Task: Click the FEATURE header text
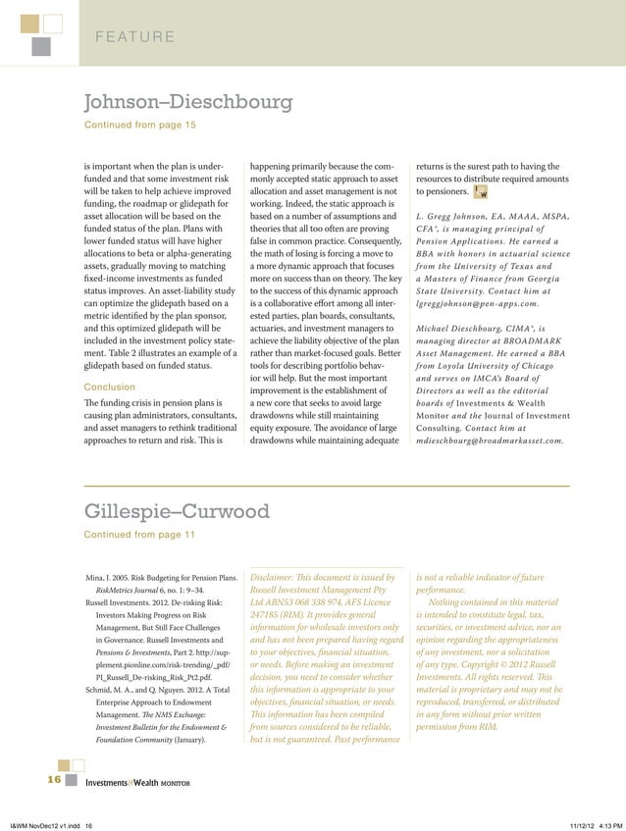pos(135,38)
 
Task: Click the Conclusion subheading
pos(110,386)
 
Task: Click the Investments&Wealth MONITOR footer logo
pos(136,783)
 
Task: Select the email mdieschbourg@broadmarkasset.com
pos(490,441)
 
